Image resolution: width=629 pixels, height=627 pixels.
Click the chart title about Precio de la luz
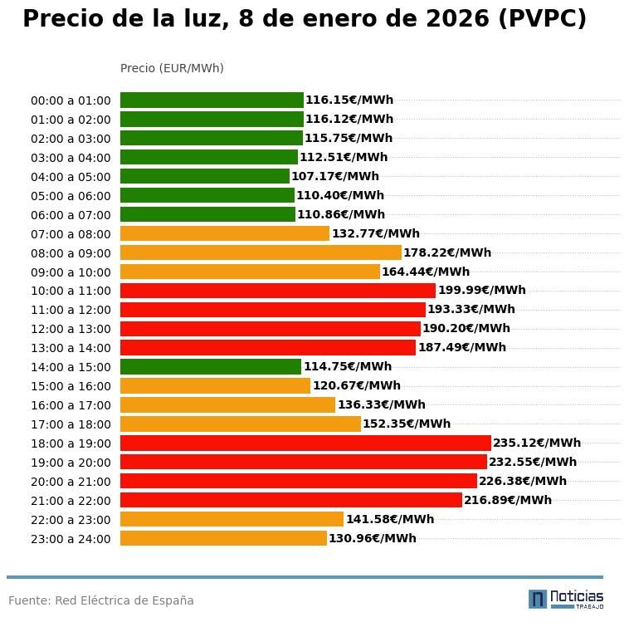305,20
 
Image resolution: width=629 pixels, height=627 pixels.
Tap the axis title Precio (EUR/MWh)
172,68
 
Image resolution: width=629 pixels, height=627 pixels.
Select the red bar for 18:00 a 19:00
305,443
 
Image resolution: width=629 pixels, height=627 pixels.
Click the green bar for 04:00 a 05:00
204,176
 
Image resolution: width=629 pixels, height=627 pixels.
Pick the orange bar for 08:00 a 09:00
261,252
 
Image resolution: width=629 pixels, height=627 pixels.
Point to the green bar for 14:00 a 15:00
211,366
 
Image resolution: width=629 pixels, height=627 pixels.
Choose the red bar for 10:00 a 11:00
278,291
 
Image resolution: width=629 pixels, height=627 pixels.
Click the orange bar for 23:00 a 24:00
223,538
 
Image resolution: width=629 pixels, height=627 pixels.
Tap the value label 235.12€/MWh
537,443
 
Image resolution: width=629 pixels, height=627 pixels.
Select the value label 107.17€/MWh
335,176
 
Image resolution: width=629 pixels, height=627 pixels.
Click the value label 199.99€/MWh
482,291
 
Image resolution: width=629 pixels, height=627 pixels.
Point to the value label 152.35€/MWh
407,424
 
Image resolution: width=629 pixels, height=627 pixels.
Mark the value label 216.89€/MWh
508,501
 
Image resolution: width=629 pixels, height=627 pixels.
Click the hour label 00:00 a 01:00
71,100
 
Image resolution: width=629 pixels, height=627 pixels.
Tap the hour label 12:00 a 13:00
71,329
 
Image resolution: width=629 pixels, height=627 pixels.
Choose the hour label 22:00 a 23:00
71,520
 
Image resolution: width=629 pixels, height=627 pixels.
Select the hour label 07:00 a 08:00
71,234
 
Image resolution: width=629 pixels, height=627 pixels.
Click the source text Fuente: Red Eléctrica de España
101,600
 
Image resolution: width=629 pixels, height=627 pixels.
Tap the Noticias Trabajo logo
566,599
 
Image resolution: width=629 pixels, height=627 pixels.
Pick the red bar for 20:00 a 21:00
299,482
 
